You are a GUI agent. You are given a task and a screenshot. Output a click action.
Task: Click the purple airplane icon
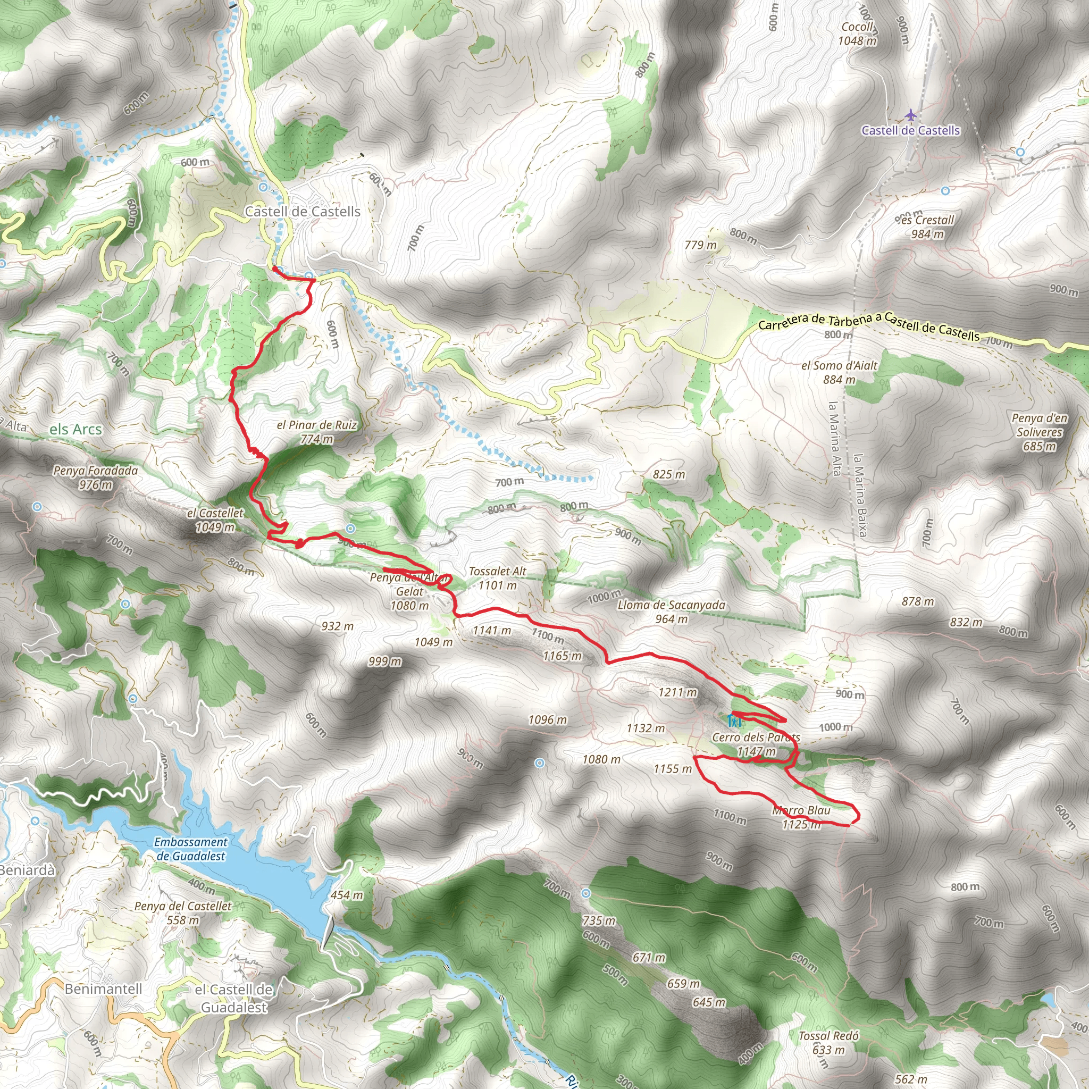[910, 115]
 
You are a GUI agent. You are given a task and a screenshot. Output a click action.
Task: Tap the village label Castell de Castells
[302, 212]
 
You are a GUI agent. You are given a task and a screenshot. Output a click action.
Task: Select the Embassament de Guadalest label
[190, 849]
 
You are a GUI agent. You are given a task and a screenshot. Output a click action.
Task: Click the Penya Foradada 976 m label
[95, 478]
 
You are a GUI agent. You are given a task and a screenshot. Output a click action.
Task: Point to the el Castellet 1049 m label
[215, 520]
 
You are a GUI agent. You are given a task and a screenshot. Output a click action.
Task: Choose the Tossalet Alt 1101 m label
[497, 579]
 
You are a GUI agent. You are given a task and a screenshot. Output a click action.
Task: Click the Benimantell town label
[103, 989]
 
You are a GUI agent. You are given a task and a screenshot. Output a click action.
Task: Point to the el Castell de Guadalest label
[234, 998]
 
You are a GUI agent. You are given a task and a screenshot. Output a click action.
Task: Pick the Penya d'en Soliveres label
[1040, 432]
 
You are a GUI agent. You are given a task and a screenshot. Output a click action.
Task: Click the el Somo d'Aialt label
[839, 373]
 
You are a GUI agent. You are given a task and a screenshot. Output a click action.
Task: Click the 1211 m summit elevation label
[677, 692]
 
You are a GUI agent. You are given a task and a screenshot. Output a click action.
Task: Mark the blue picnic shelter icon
[733, 721]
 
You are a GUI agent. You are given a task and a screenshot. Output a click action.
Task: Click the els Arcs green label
[76, 430]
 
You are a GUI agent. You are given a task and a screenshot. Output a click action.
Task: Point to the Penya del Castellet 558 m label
[182, 912]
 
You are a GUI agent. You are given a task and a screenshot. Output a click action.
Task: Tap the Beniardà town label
[27, 870]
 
